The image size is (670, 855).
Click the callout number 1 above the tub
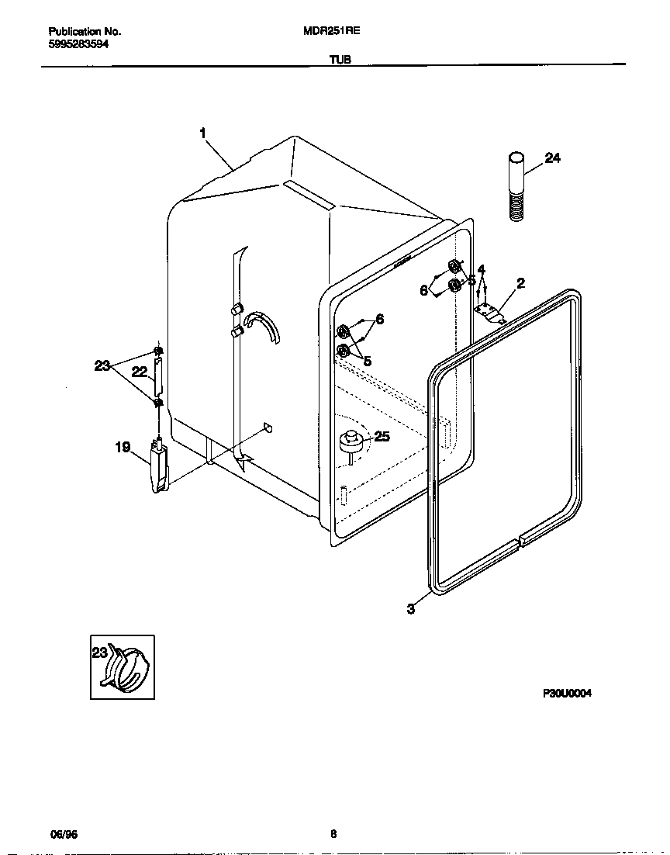pos(202,133)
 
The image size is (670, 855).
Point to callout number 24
pos(552,158)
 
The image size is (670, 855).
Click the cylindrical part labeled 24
pos(518,186)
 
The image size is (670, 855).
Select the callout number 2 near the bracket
pos(520,283)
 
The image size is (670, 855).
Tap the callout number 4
pos(482,270)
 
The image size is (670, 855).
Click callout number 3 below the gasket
pos(410,609)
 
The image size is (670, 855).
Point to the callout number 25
pos(382,437)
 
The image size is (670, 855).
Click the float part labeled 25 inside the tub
pos(352,442)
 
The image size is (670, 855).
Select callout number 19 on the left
pos(123,447)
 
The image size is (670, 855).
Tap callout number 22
pos(139,372)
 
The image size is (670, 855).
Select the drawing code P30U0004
pos(567,694)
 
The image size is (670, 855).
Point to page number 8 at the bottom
pos(333,835)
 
